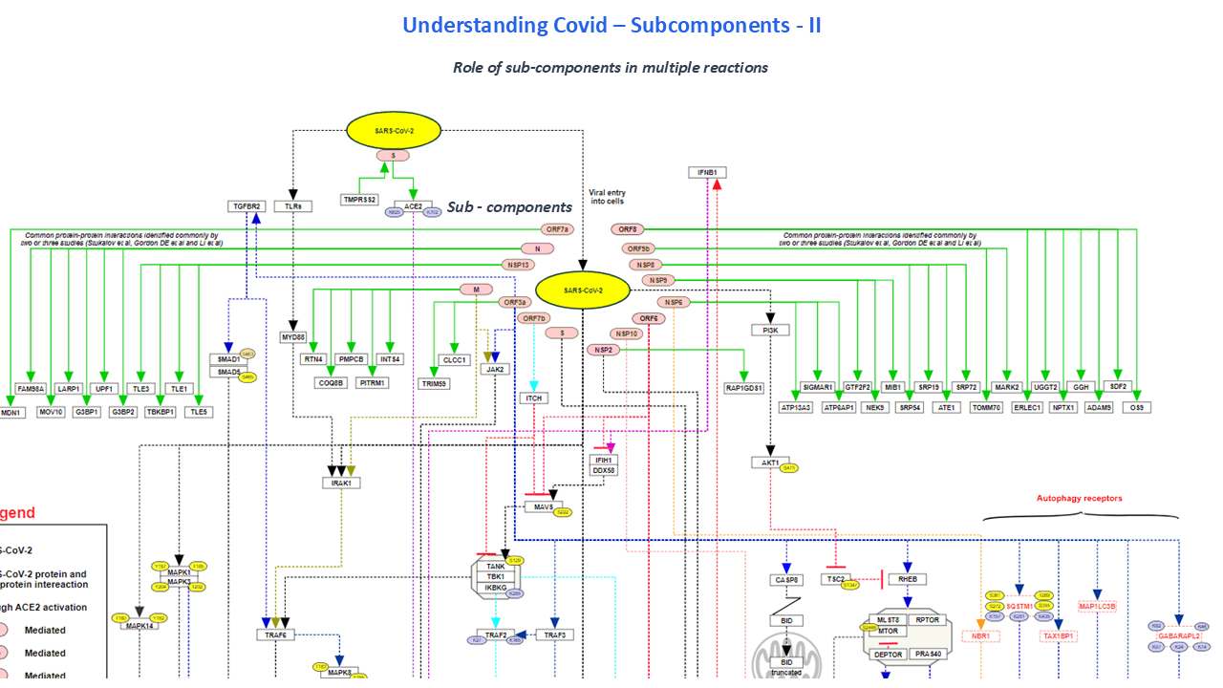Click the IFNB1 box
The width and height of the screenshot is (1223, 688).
pyautogui.click(x=707, y=173)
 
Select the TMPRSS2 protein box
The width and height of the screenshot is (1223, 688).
pyautogui.click(x=360, y=200)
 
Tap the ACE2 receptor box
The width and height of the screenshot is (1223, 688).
pyautogui.click(x=413, y=205)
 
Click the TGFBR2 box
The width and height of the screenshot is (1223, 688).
pyautogui.click(x=246, y=206)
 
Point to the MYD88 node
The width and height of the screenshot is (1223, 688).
pyautogui.click(x=292, y=337)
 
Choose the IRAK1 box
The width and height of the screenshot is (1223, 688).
pyautogui.click(x=341, y=483)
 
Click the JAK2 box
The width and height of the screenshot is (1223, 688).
pyautogui.click(x=495, y=368)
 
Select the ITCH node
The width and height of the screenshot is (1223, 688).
pyautogui.click(x=533, y=398)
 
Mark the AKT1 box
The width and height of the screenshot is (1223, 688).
pyautogui.click(x=770, y=462)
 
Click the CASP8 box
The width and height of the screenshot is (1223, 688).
pyautogui.click(x=786, y=580)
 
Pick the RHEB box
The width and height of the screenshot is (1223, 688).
pyautogui.click(x=907, y=579)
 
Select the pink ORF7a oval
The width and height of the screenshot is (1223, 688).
pyautogui.click(x=557, y=229)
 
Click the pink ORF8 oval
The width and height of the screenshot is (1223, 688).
pyautogui.click(x=628, y=229)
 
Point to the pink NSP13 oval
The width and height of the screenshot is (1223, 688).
pyautogui.click(x=517, y=265)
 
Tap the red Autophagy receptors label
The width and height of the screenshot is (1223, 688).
pyautogui.click(x=1079, y=498)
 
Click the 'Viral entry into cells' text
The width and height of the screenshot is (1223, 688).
pyautogui.click(x=607, y=197)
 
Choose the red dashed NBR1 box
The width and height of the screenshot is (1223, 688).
pyautogui.click(x=979, y=635)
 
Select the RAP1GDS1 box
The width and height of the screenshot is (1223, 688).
pyautogui.click(x=743, y=388)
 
